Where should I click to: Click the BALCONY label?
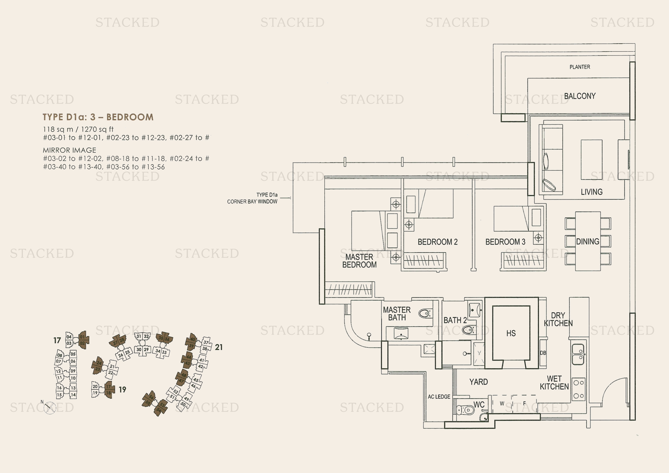click(x=579, y=96)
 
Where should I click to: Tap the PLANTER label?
click(x=579, y=67)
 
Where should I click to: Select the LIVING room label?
click(x=591, y=192)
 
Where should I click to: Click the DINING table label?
click(x=587, y=241)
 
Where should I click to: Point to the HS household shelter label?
click(x=511, y=333)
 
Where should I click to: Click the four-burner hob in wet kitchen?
click(x=578, y=389)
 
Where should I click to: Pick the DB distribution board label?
click(x=543, y=353)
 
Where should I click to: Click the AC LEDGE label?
click(x=439, y=397)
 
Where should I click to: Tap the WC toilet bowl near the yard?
click(x=466, y=410)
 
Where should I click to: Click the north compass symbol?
click(x=49, y=408)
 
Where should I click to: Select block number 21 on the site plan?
click(x=219, y=347)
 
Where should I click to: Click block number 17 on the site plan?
click(x=57, y=340)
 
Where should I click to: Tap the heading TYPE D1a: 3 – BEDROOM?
click(x=98, y=117)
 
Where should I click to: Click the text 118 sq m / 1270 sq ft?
click(x=78, y=129)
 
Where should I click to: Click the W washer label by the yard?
click(x=502, y=404)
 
